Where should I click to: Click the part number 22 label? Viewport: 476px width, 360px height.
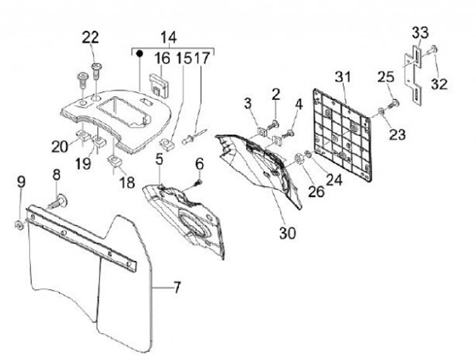[91, 38]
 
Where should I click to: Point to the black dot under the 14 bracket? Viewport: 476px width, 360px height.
[139, 54]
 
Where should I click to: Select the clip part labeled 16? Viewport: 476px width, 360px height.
[159, 86]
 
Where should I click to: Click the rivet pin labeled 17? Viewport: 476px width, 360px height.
[194, 136]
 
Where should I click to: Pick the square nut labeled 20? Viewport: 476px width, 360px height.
[82, 135]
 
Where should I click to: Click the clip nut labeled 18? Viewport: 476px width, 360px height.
[115, 161]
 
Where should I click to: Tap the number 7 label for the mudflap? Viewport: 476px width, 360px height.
[177, 287]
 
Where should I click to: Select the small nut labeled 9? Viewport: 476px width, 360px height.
[19, 225]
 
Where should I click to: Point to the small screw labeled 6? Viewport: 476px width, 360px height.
[198, 182]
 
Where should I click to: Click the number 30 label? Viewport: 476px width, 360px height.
[288, 233]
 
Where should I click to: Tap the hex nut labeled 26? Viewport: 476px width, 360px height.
[299, 159]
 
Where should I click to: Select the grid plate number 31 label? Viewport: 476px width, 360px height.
[343, 77]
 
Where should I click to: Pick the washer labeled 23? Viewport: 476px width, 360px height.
[381, 112]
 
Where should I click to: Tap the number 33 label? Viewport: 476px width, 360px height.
[420, 32]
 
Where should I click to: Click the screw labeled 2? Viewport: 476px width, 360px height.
[272, 125]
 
